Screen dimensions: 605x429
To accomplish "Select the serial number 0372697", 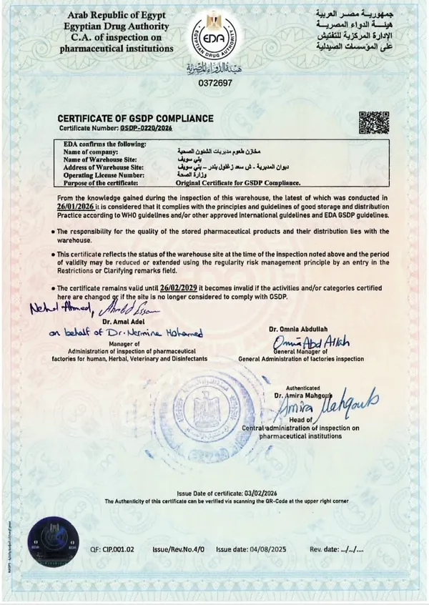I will tap(215, 82).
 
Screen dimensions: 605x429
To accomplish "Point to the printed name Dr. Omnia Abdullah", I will tap(298, 329).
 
